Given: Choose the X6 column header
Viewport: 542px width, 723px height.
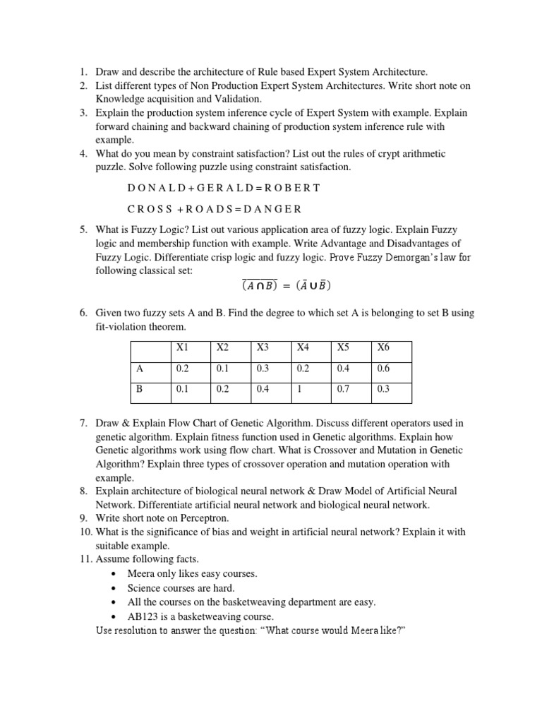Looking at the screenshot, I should click(383, 347).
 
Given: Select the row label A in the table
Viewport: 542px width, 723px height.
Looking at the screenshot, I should click(140, 368).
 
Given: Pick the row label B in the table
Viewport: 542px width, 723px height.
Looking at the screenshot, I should click(140, 389).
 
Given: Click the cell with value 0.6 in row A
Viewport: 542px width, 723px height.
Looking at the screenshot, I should click(383, 368).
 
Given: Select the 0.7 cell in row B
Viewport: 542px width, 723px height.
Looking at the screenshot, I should click(344, 389).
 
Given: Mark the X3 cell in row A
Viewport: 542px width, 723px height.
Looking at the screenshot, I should click(263, 368).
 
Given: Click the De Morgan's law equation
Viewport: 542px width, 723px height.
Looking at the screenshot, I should click(286, 286).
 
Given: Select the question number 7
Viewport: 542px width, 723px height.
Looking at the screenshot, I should click(83, 423).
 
